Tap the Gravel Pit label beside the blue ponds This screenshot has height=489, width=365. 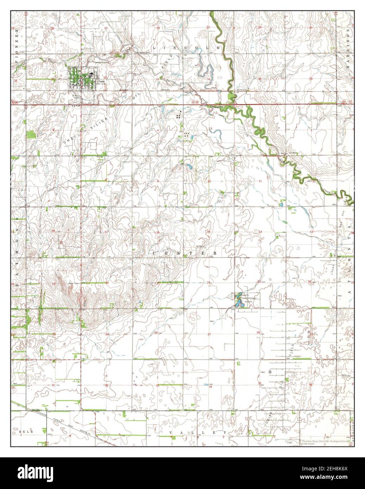pos(240,295)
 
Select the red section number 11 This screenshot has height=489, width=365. pos(261,181)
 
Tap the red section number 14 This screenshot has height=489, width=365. pos(261,231)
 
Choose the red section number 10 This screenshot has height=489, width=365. pos(209,181)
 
